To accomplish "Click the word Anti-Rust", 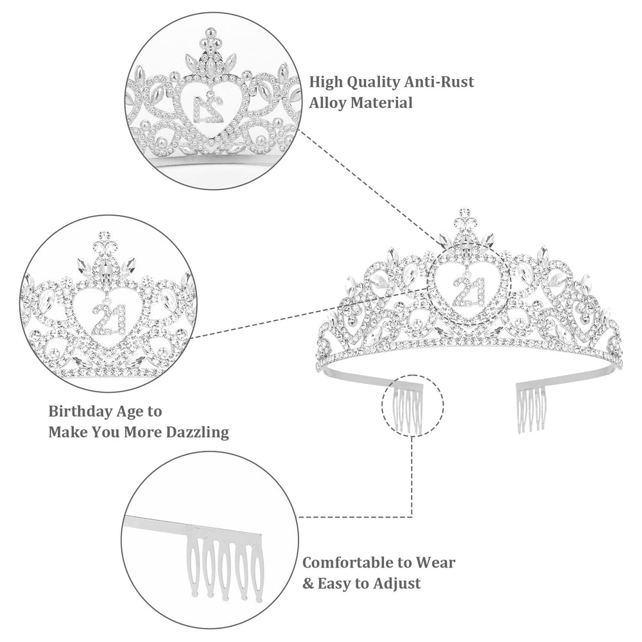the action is click(x=439, y=82).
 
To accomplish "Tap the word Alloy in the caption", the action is click(x=328, y=103).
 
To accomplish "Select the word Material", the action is click(x=381, y=102).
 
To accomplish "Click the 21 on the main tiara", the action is click(x=469, y=291).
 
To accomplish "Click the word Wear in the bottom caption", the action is click(x=435, y=562).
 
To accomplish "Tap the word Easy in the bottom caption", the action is click(x=336, y=584).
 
